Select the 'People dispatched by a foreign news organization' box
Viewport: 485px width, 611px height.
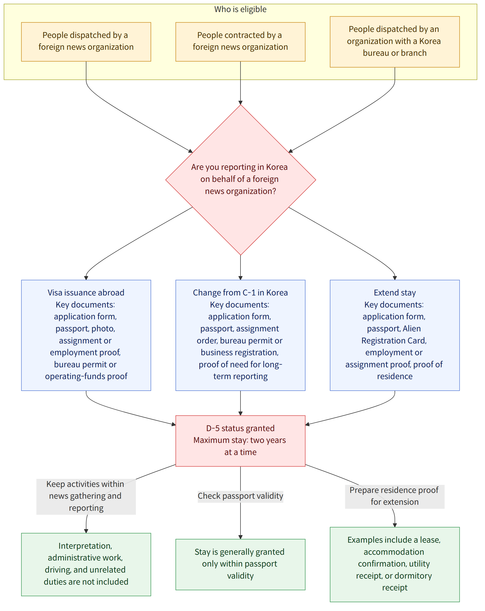pyautogui.click(x=86, y=42)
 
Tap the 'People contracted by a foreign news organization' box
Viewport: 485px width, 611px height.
pyautogui.click(x=240, y=42)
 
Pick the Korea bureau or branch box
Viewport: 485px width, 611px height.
pyautogui.click(x=395, y=42)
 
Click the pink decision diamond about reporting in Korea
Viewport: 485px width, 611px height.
pyautogui.click(x=241, y=180)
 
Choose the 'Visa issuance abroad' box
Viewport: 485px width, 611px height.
pyautogui.click(x=86, y=335)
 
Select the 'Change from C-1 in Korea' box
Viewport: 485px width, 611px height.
pyautogui.click(x=240, y=335)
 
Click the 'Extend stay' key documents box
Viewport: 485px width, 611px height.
pyautogui.click(x=395, y=335)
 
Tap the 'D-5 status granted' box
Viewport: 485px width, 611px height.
pyautogui.click(x=240, y=441)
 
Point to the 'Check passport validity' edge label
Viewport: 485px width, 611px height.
pyautogui.click(x=240, y=496)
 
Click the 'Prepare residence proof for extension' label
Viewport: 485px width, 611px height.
pyautogui.click(x=394, y=496)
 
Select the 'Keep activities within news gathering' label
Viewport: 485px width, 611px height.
pyautogui.click(x=86, y=496)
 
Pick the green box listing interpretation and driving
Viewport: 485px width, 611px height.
pyautogui.click(x=86, y=564)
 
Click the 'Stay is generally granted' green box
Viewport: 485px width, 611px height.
pyautogui.click(x=240, y=564)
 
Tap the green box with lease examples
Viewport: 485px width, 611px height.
pyautogui.click(x=395, y=564)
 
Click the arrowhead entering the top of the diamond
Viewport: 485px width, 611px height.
pyautogui.click(x=240, y=103)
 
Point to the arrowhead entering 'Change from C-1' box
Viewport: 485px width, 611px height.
pyautogui.click(x=240, y=278)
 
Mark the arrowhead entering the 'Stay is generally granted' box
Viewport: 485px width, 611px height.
pyautogui.click(x=240, y=537)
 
